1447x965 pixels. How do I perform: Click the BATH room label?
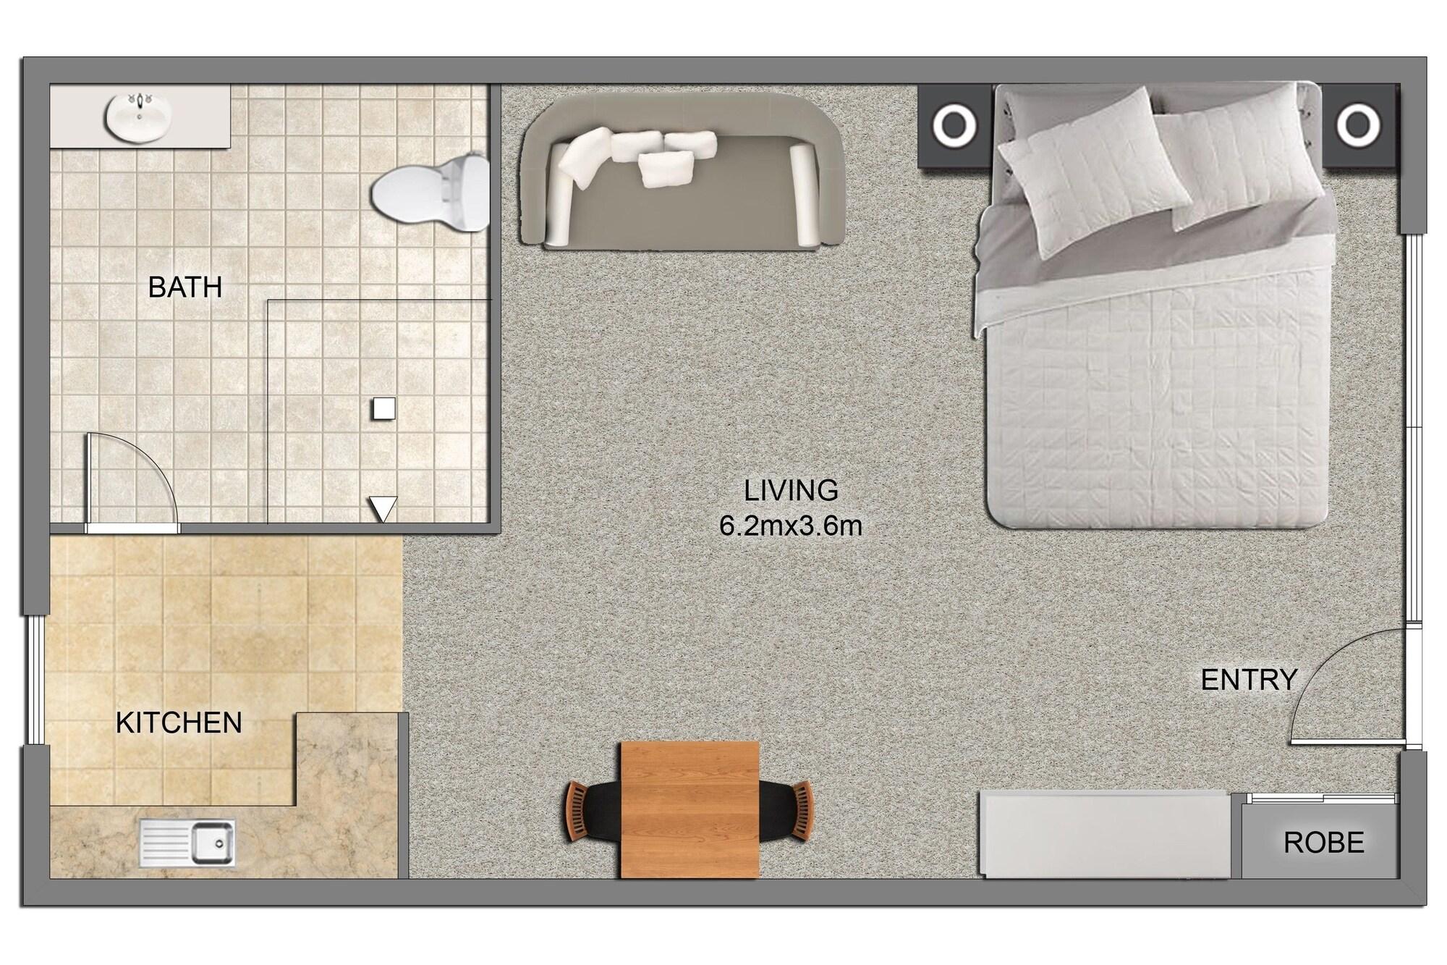185,287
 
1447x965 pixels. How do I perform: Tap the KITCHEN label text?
179,722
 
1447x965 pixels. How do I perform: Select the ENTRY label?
1249,680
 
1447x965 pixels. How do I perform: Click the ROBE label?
1324,842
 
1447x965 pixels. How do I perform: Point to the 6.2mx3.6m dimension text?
791,526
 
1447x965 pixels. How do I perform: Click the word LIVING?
791,491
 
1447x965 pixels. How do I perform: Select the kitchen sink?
187,843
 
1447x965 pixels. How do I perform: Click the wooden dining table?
689,809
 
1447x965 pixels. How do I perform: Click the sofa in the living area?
682,174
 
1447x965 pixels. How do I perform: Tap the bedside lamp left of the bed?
954,125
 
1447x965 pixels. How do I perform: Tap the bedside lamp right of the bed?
1358,125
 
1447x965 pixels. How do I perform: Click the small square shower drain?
383,409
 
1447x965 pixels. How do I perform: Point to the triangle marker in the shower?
383,508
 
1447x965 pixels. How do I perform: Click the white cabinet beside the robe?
1105,834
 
